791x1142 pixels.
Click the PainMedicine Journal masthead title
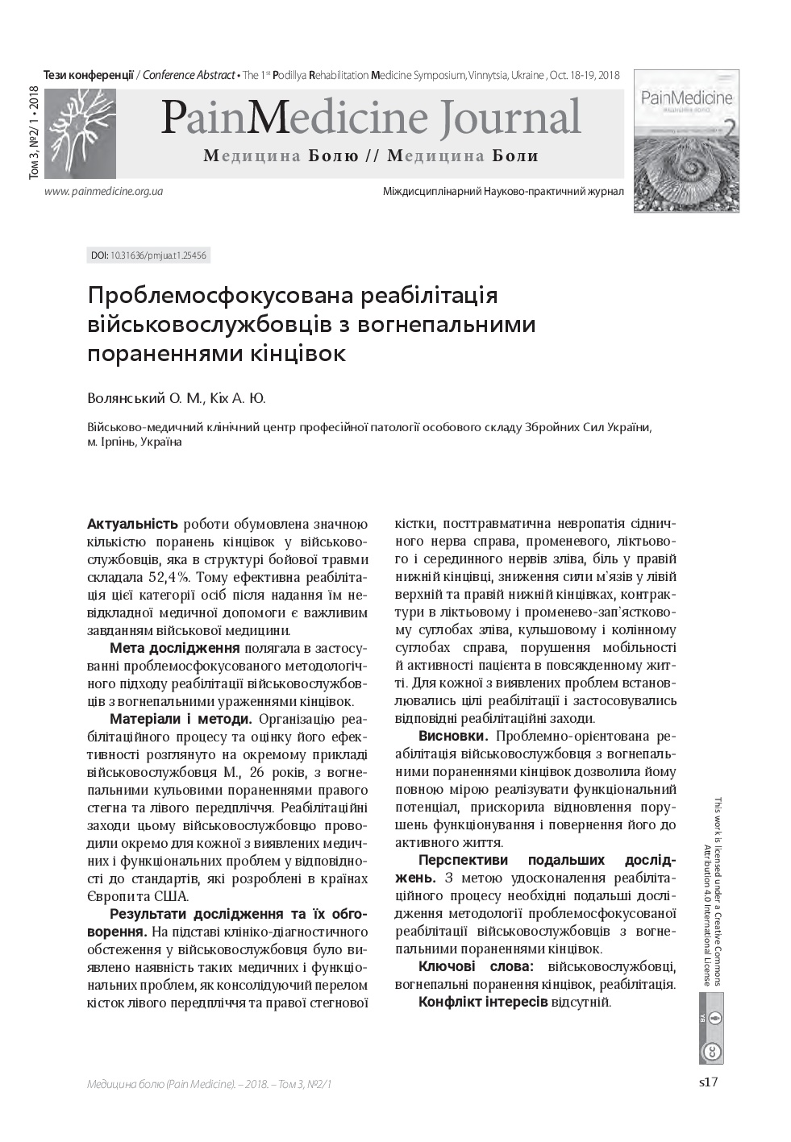click(x=370, y=118)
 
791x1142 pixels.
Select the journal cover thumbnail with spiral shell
click(x=686, y=141)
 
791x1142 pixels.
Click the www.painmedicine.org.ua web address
click(x=104, y=192)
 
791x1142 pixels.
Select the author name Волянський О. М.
click(x=144, y=398)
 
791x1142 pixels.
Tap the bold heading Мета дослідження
click(x=174, y=649)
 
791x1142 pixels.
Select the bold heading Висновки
click(x=453, y=736)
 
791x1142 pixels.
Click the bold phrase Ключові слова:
click(x=476, y=966)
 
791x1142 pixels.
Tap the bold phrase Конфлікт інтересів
click(x=483, y=1002)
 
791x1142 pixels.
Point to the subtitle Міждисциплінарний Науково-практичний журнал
click(x=503, y=192)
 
